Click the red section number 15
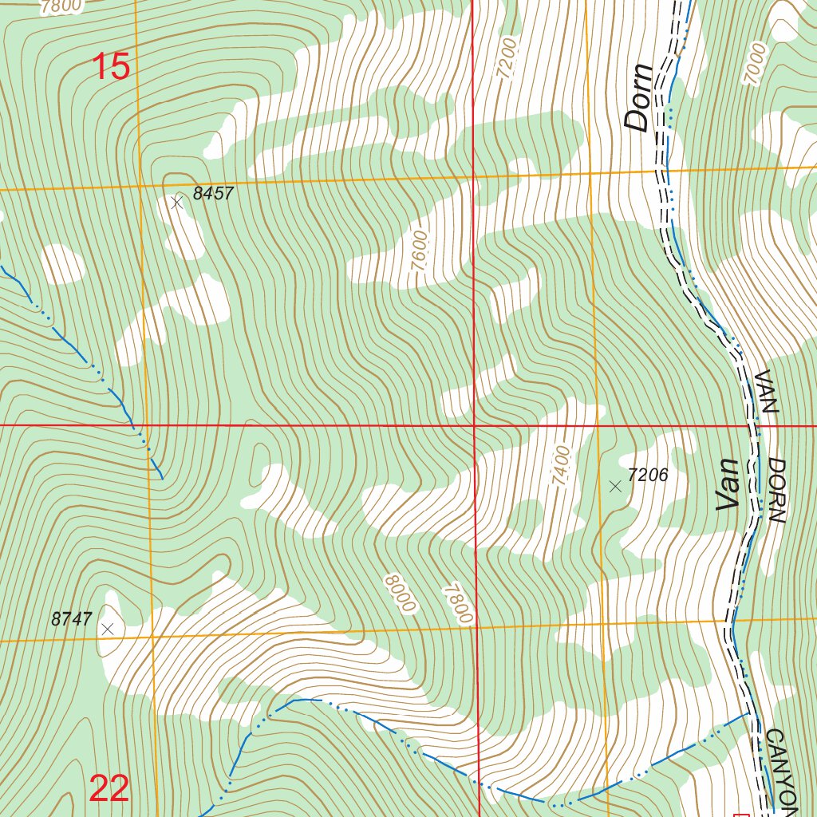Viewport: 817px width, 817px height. click(x=111, y=67)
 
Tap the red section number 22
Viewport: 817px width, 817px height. click(x=109, y=789)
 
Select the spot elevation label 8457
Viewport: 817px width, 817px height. click(x=213, y=194)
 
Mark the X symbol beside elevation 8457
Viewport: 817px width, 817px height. click(x=177, y=203)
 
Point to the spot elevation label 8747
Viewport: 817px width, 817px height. click(x=72, y=619)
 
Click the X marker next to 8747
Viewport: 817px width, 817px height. click(x=109, y=629)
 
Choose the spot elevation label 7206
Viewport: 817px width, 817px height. click(x=647, y=476)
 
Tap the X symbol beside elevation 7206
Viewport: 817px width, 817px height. click(x=614, y=486)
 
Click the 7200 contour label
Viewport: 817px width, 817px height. click(x=507, y=58)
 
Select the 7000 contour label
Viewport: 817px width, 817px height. click(x=755, y=65)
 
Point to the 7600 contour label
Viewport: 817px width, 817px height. click(x=420, y=252)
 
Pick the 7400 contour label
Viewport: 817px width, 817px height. click(x=561, y=468)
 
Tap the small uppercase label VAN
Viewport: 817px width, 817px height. click(x=765, y=392)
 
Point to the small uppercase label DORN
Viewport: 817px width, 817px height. click(x=778, y=491)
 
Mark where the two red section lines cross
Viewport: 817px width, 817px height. click(x=475, y=425)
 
